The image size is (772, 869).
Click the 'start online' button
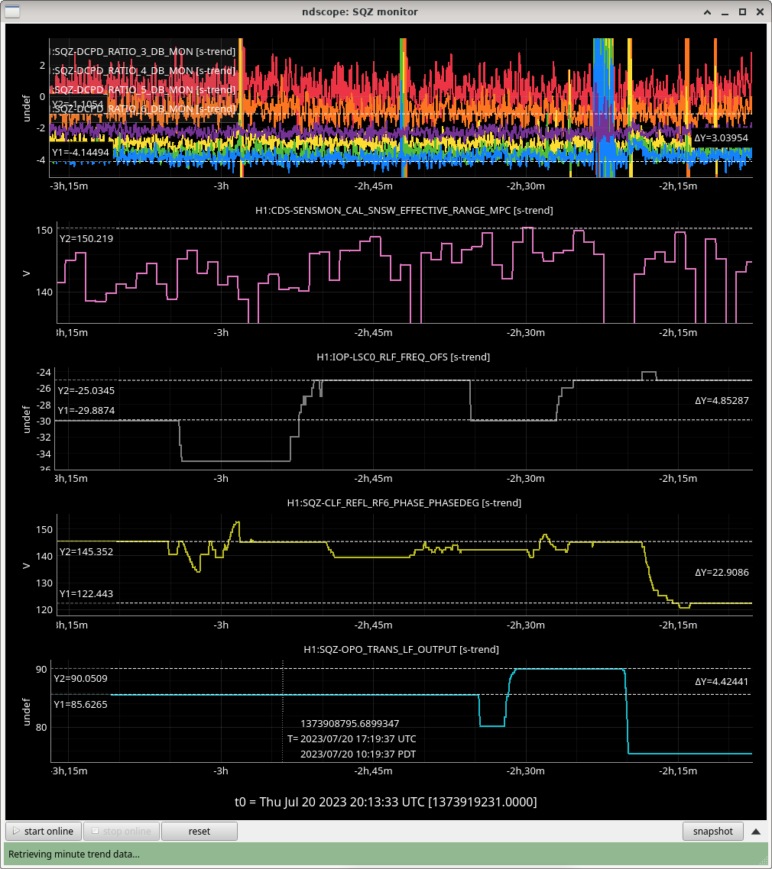[44, 831]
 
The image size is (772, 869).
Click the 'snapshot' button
[712, 831]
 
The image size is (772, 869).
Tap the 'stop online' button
[121, 831]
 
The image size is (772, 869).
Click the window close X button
[759, 11]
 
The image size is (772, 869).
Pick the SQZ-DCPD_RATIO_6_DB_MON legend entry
[122, 109]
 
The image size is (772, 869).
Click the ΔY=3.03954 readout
[721, 138]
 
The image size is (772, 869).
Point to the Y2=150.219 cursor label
[86, 238]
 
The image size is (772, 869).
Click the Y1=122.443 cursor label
[86, 594]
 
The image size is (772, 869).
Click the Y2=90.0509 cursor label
[80, 678]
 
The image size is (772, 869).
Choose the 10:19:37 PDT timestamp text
[358, 754]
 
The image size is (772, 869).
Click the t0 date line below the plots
[385, 802]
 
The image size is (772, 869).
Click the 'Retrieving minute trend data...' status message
[74, 854]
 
